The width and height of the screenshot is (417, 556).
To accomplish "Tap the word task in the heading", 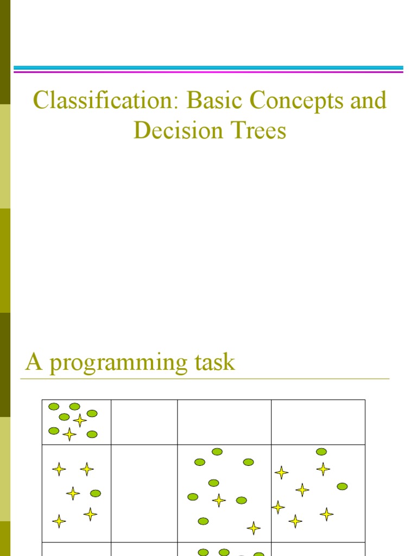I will coord(214,362).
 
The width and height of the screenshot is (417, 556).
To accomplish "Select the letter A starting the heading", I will coord(34,362).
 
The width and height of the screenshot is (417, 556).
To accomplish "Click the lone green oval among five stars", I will coord(96,494).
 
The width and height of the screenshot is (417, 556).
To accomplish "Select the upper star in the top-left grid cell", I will coord(80,420).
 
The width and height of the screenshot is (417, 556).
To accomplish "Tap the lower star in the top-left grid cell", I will coord(69,434).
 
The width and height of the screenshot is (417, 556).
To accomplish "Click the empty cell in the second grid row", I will coord(144,493).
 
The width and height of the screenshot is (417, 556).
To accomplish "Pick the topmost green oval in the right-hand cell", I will coord(321,452).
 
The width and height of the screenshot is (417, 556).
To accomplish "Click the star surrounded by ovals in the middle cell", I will coord(219,500).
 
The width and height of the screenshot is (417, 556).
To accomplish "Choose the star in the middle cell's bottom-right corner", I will coord(254,528).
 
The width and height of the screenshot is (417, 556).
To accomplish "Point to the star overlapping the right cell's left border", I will coord(278,508).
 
